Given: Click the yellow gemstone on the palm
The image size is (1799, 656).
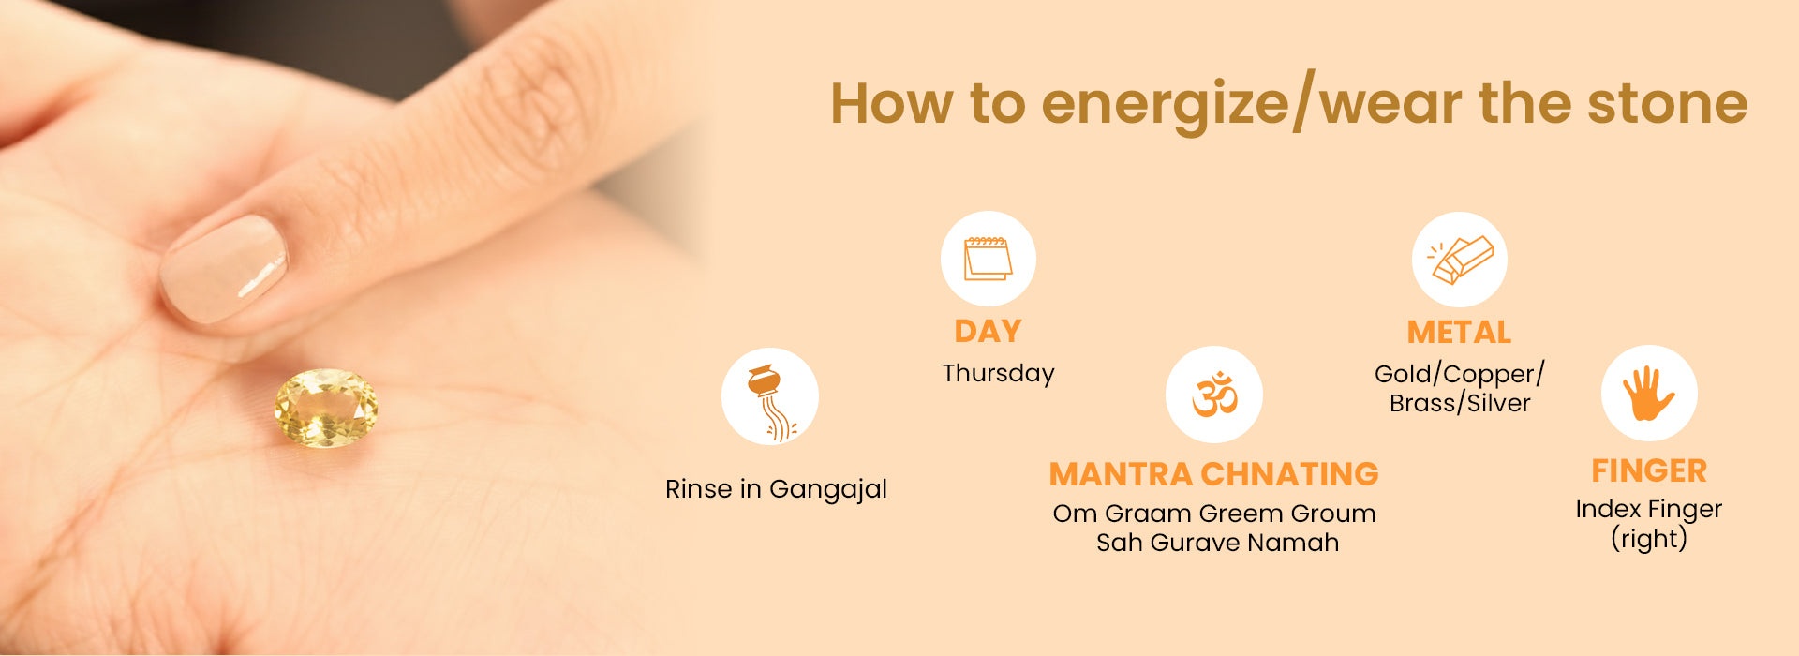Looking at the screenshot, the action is tap(326, 408).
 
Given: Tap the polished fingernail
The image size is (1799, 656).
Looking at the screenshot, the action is tap(224, 269).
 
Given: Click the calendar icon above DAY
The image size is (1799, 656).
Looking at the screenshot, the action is tap(988, 259).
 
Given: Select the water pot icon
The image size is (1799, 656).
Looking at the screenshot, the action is tap(770, 401).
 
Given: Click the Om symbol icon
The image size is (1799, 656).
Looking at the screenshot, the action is tap(1214, 394).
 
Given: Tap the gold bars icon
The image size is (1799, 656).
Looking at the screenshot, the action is tap(1460, 260).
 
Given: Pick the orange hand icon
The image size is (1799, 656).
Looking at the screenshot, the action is tap(1649, 393).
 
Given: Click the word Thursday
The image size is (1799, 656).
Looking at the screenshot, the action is tap(998, 373).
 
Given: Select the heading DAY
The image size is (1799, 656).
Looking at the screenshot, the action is tap(988, 331).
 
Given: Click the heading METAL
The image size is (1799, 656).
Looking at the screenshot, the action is tap(1459, 332).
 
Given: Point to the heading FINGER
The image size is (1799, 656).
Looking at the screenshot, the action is tap(1649, 470).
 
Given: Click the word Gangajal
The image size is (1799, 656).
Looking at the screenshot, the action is tap(828, 490).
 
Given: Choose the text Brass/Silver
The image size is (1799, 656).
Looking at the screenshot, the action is tap(1460, 403).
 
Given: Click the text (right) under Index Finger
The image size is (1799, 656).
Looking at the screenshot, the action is tap(1649, 539).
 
